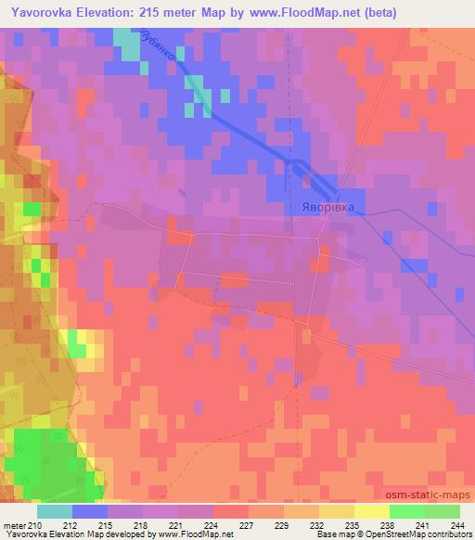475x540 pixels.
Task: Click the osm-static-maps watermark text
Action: (x=423, y=495)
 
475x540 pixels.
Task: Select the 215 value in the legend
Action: (x=108, y=524)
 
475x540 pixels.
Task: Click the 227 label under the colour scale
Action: (x=249, y=524)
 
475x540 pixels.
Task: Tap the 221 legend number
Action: (x=178, y=524)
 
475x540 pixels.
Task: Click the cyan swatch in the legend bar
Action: (x=55, y=511)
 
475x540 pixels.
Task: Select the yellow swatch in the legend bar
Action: (x=372, y=511)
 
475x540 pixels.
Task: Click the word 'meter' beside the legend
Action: (x=15, y=524)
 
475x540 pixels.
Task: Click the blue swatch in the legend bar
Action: (x=90, y=511)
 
